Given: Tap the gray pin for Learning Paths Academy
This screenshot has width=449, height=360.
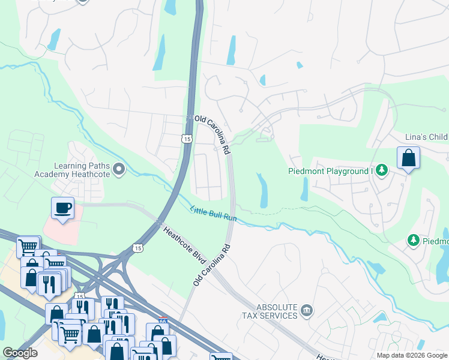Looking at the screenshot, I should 119,170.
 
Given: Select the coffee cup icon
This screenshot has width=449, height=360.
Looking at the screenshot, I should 63,208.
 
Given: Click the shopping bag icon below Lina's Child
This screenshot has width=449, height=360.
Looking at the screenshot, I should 408,158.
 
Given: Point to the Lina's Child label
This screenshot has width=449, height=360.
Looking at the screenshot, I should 426,137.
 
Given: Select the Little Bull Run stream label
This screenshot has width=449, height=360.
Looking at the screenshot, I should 213,214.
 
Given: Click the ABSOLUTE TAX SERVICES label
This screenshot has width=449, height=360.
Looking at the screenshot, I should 269,311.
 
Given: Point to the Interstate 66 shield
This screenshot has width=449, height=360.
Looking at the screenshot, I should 162,321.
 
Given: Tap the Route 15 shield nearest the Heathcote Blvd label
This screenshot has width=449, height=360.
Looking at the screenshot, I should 138,248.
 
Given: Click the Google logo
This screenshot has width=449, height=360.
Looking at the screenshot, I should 20,353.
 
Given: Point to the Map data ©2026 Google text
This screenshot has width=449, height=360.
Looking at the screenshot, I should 411,355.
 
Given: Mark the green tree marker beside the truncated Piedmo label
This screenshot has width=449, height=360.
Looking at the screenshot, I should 413,241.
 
